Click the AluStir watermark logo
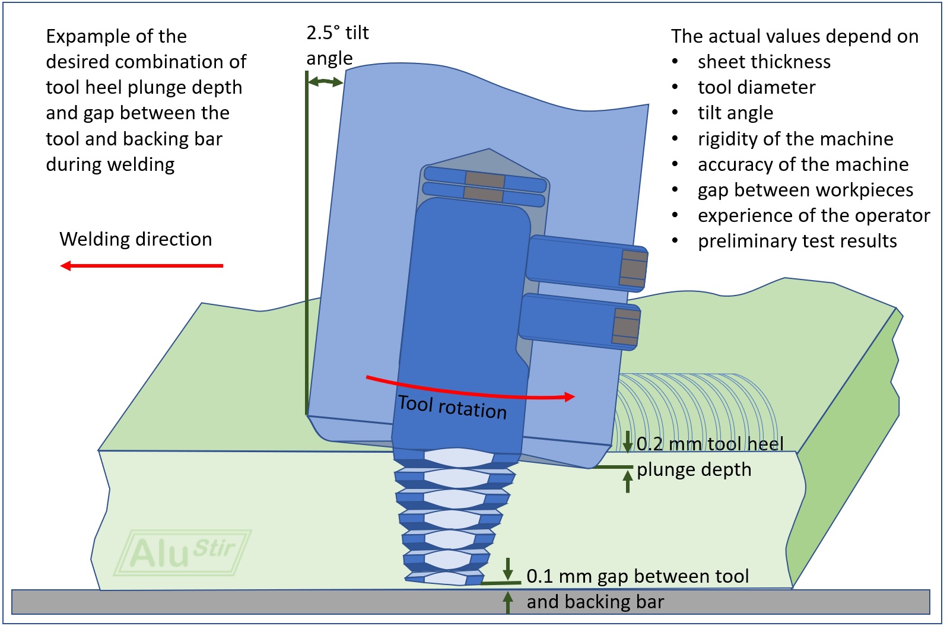(x=183, y=552)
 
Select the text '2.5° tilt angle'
(x=337, y=45)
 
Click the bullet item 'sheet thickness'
(x=764, y=62)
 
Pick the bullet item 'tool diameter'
(x=756, y=87)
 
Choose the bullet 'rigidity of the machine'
(x=795, y=139)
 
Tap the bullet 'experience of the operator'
(x=813, y=215)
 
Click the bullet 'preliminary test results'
(x=797, y=241)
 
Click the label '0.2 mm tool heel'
(x=710, y=444)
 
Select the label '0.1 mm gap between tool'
(x=637, y=576)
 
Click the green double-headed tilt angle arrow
(x=325, y=82)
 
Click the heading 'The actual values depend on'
(x=794, y=36)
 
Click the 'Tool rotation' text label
(x=452, y=407)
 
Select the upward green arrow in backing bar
(x=508, y=602)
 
